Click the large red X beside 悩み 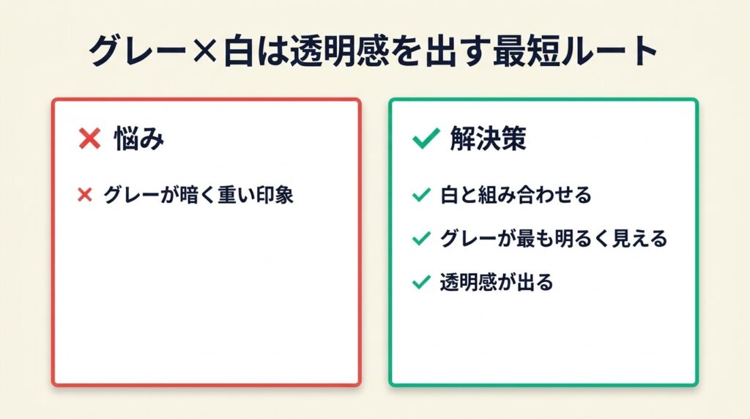tap(89, 138)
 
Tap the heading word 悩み tap(139, 138)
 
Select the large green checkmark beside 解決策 tap(426, 138)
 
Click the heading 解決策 tap(488, 138)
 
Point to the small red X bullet tap(85, 195)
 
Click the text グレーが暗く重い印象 tap(198, 195)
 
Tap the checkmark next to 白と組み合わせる tap(421, 195)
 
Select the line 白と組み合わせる tap(516, 195)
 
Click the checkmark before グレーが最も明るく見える tap(421, 238)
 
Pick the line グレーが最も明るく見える tap(554, 238)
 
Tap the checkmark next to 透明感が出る tap(421, 282)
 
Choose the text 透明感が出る tap(497, 282)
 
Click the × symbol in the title tap(205, 51)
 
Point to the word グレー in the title tap(138, 51)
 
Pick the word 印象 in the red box tap(274, 195)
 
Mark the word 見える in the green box tap(639, 238)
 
